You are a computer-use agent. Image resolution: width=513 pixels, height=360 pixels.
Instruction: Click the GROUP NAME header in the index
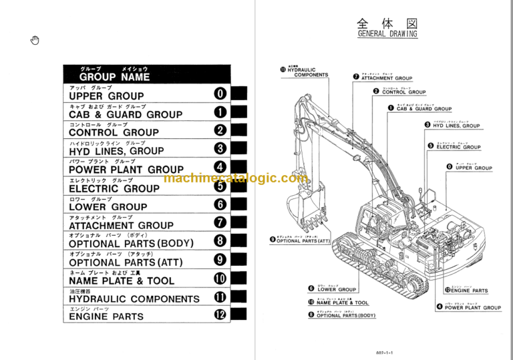tap(114, 77)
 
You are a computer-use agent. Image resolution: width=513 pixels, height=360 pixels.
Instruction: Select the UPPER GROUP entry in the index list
tap(106, 96)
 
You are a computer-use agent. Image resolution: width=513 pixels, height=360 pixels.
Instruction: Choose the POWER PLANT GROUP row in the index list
tap(126, 170)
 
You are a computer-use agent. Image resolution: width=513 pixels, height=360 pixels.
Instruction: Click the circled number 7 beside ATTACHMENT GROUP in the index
tap(221, 223)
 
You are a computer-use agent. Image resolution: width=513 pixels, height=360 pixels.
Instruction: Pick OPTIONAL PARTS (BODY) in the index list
tap(131, 244)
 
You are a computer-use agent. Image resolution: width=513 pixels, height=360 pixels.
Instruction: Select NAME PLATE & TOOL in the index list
tap(122, 281)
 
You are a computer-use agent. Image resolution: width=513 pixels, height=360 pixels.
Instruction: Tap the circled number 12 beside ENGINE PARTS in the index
tap(221, 315)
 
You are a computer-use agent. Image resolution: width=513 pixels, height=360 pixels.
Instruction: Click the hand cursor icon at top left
tap(35, 41)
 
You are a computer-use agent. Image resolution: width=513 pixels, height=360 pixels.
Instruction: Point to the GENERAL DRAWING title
tap(387, 33)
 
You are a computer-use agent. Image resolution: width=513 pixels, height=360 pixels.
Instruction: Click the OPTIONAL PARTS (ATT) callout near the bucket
tap(303, 240)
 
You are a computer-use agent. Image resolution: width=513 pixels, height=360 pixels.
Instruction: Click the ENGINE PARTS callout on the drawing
tap(469, 291)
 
